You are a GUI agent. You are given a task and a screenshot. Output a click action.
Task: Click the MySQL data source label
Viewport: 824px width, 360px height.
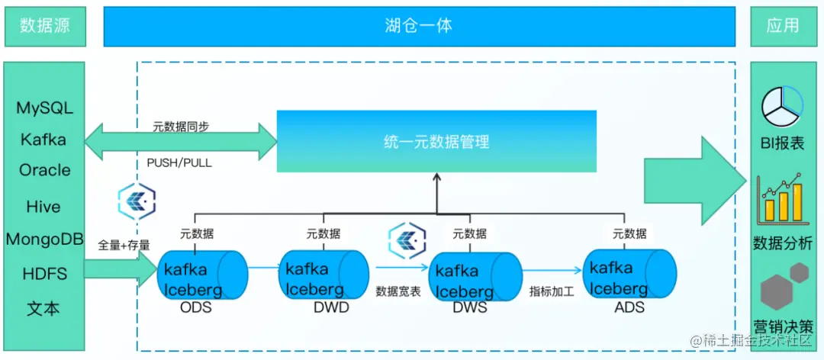point(44,108)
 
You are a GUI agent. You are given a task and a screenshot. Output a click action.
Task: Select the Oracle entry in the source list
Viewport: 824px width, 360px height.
point(44,170)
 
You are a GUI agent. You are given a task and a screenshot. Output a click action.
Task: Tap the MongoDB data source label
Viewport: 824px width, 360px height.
point(44,239)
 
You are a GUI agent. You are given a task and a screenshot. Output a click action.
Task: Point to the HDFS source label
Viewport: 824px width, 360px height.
point(44,273)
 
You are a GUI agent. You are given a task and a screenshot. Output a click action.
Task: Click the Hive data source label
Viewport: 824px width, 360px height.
point(44,206)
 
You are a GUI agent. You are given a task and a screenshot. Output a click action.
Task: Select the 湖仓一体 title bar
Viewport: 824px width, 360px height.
point(419,25)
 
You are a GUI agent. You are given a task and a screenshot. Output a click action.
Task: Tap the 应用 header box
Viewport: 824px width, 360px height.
point(782,25)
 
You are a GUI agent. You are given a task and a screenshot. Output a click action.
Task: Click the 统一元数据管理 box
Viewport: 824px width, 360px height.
point(436,141)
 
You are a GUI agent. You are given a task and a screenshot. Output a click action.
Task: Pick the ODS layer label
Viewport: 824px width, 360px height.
point(195,308)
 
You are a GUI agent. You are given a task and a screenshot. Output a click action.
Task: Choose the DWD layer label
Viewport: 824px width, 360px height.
point(330,308)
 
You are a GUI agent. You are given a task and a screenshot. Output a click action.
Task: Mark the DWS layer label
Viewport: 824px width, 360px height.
point(468,308)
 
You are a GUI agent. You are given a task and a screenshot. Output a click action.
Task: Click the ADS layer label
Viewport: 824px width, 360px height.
point(629,308)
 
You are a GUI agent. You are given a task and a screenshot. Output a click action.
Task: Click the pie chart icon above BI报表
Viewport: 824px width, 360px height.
point(781,107)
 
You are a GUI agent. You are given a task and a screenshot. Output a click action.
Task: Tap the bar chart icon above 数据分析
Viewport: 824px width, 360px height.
point(780,199)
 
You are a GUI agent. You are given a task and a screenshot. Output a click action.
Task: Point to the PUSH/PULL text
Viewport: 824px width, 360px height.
point(179,162)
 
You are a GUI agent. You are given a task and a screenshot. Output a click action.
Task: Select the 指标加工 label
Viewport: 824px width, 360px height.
point(552,291)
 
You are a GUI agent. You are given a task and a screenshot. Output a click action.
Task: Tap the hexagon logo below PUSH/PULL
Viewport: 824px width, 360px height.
point(137,201)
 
